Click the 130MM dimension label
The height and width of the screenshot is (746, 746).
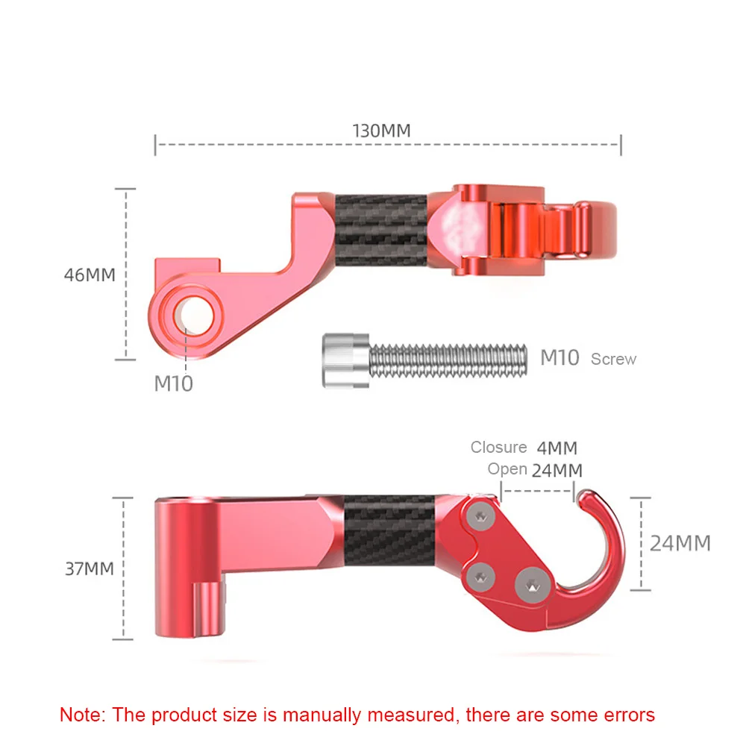click(381, 131)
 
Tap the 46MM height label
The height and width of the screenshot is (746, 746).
click(90, 275)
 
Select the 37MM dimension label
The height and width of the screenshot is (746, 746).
click(90, 568)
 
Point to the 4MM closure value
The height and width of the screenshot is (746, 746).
click(557, 448)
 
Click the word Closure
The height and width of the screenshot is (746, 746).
click(498, 447)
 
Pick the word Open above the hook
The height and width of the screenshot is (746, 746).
click(507, 469)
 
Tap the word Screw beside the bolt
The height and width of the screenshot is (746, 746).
click(613, 360)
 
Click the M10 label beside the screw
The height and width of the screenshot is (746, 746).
click(559, 358)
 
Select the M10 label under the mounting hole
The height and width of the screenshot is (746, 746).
click(174, 384)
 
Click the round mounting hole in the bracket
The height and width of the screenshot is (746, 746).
click(194, 316)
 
